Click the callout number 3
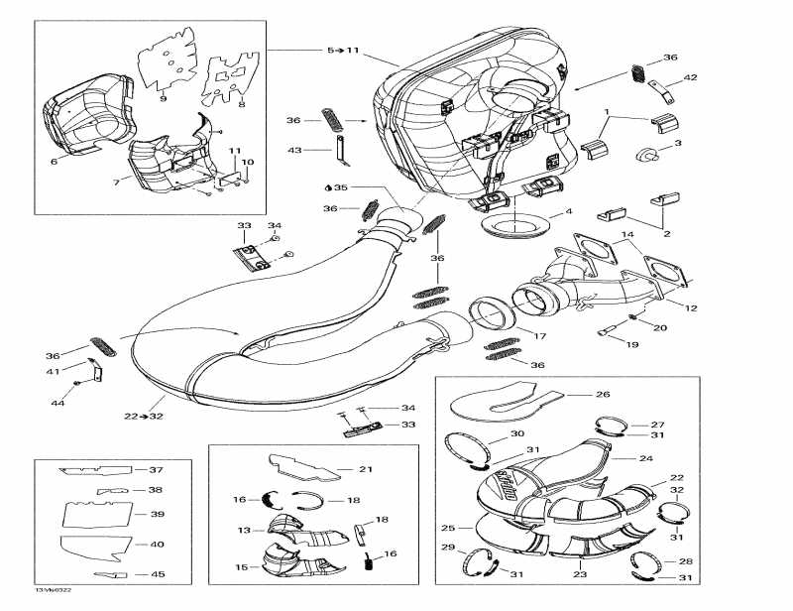point(678,144)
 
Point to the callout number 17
point(540,336)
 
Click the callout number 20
point(661,327)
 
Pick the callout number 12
point(691,308)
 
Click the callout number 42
point(691,77)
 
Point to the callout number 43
point(293,150)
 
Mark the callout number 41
point(53,371)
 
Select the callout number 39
point(157,515)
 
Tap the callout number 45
point(157,575)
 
